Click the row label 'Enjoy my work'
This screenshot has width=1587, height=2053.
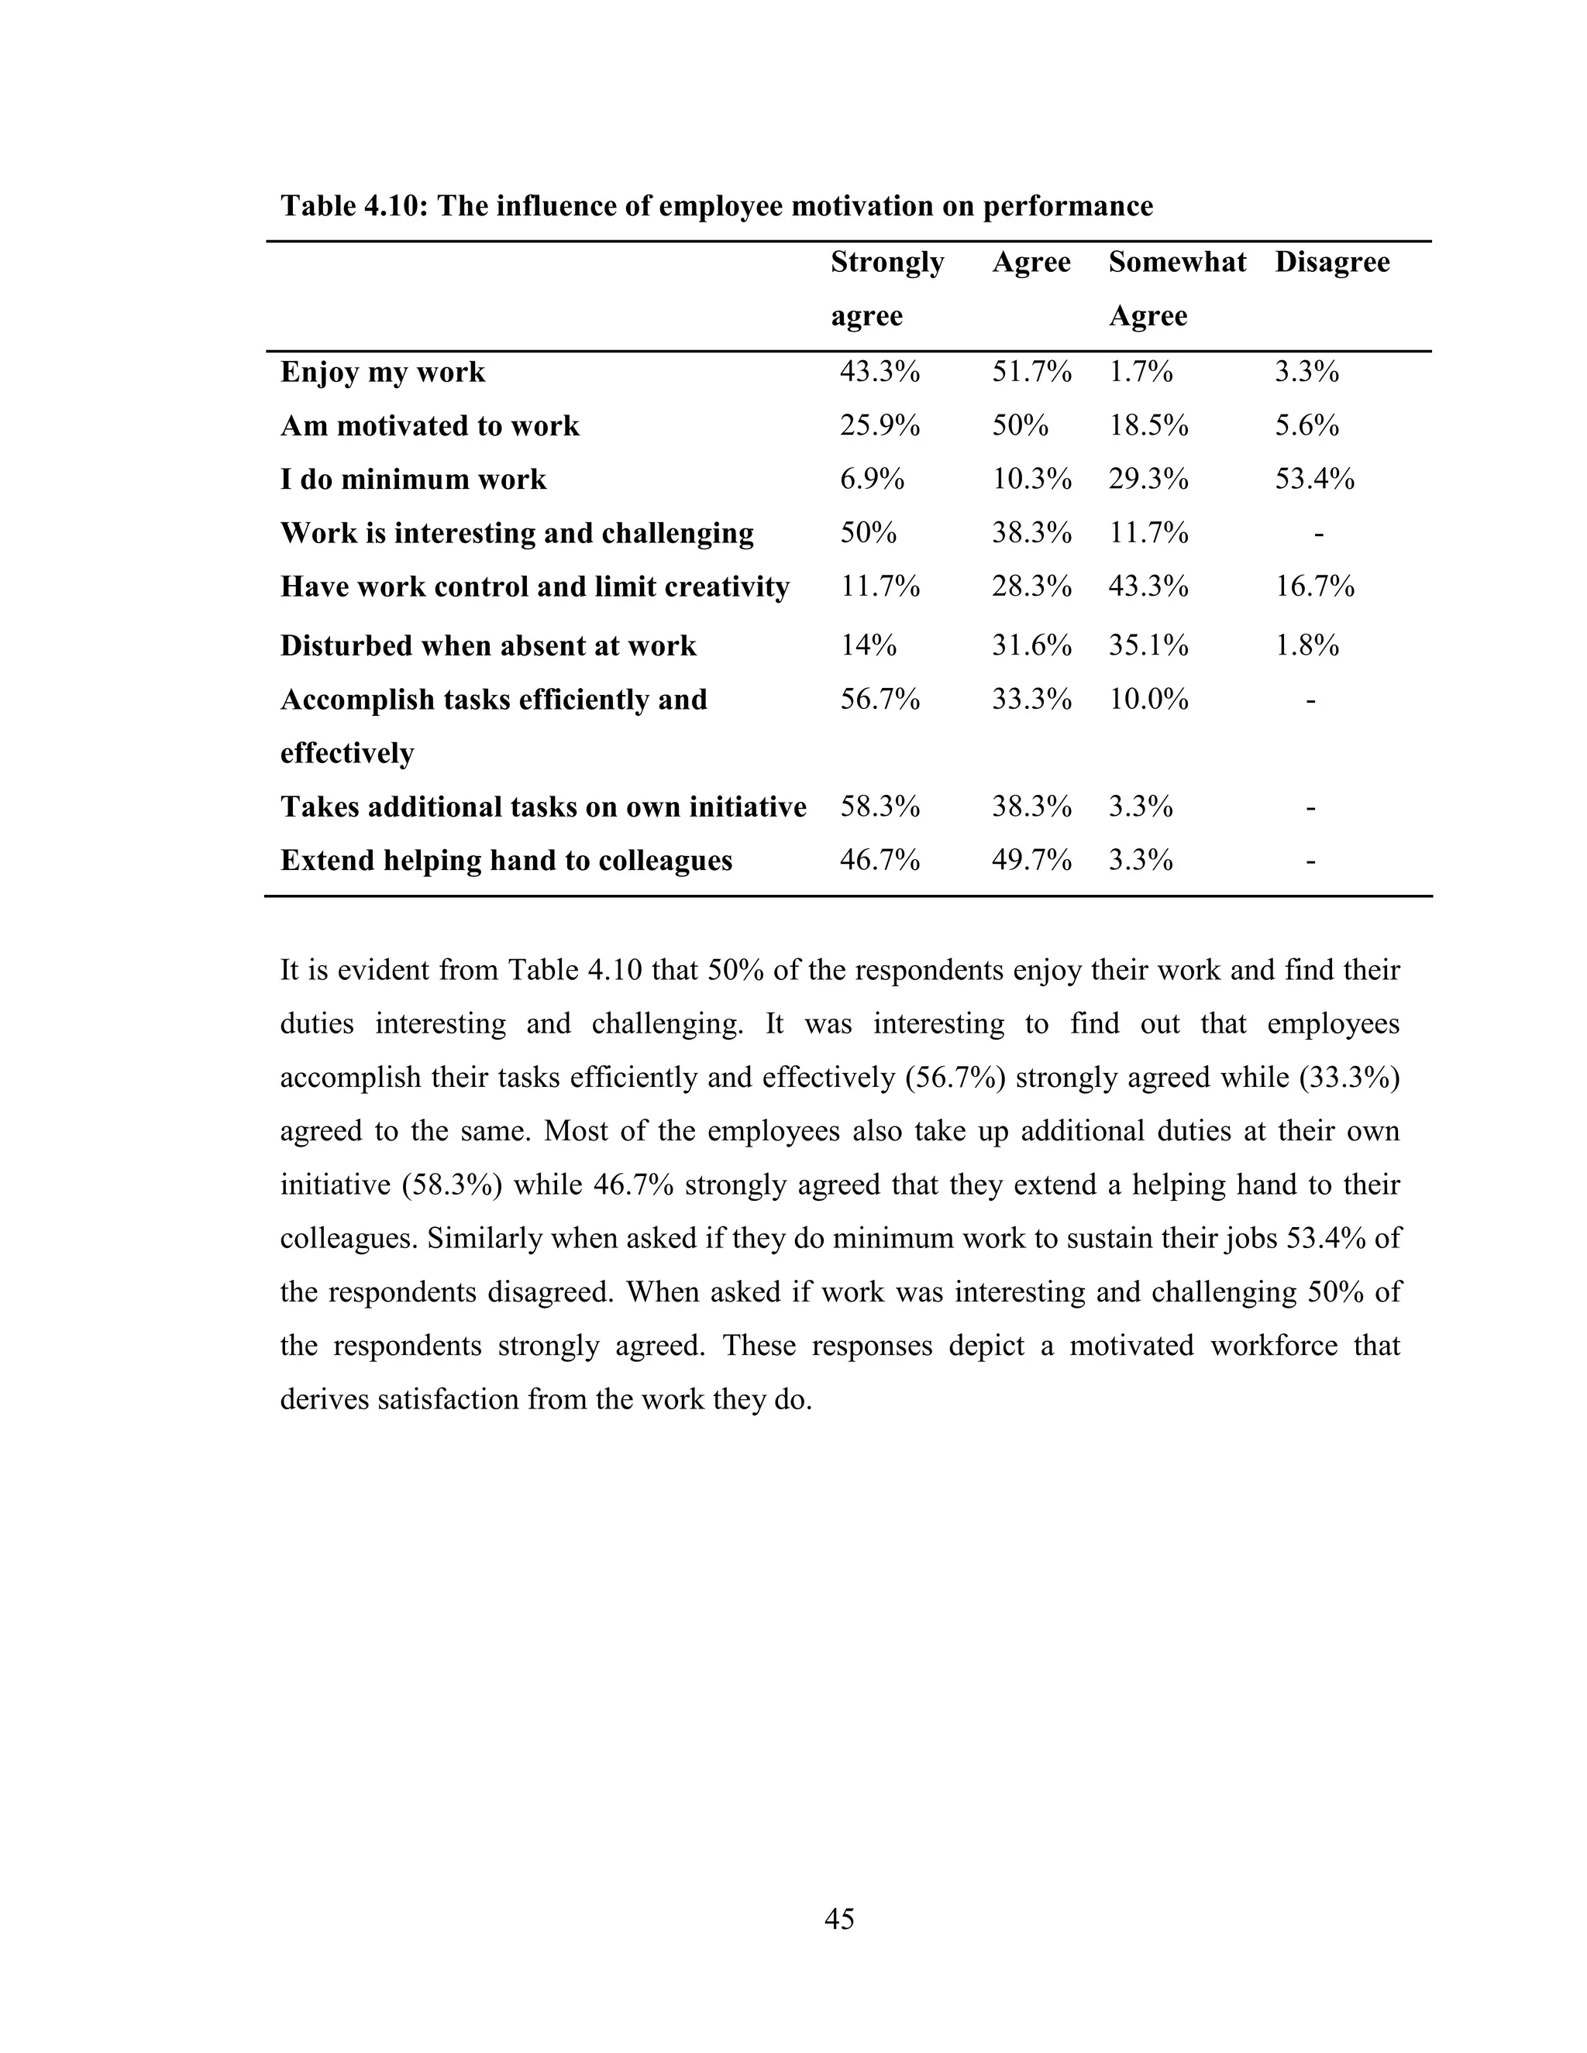click(383, 372)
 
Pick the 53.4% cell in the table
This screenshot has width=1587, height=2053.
click(1313, 480)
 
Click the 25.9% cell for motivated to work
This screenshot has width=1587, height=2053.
click(878, 426)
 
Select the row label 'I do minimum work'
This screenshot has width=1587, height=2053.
click(413, 480)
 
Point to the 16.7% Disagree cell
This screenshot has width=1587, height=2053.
click(1313, 586)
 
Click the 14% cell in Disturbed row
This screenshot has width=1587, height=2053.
click(867, 646)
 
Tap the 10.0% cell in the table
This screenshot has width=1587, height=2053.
click(1148, 700)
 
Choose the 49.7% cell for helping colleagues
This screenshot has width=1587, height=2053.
click(1031, 860)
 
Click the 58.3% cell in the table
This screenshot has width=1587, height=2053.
click(878, 806)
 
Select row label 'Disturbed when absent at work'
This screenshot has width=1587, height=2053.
click(488, 646)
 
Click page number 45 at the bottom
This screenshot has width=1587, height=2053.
click(838, 1918)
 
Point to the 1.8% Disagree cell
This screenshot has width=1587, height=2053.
click(1306, 646)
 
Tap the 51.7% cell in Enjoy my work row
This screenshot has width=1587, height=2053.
click(1031, 372)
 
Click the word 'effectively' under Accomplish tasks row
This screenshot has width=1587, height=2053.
click(347, 753)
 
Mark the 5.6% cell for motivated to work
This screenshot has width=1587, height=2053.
click(1306, 426)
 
